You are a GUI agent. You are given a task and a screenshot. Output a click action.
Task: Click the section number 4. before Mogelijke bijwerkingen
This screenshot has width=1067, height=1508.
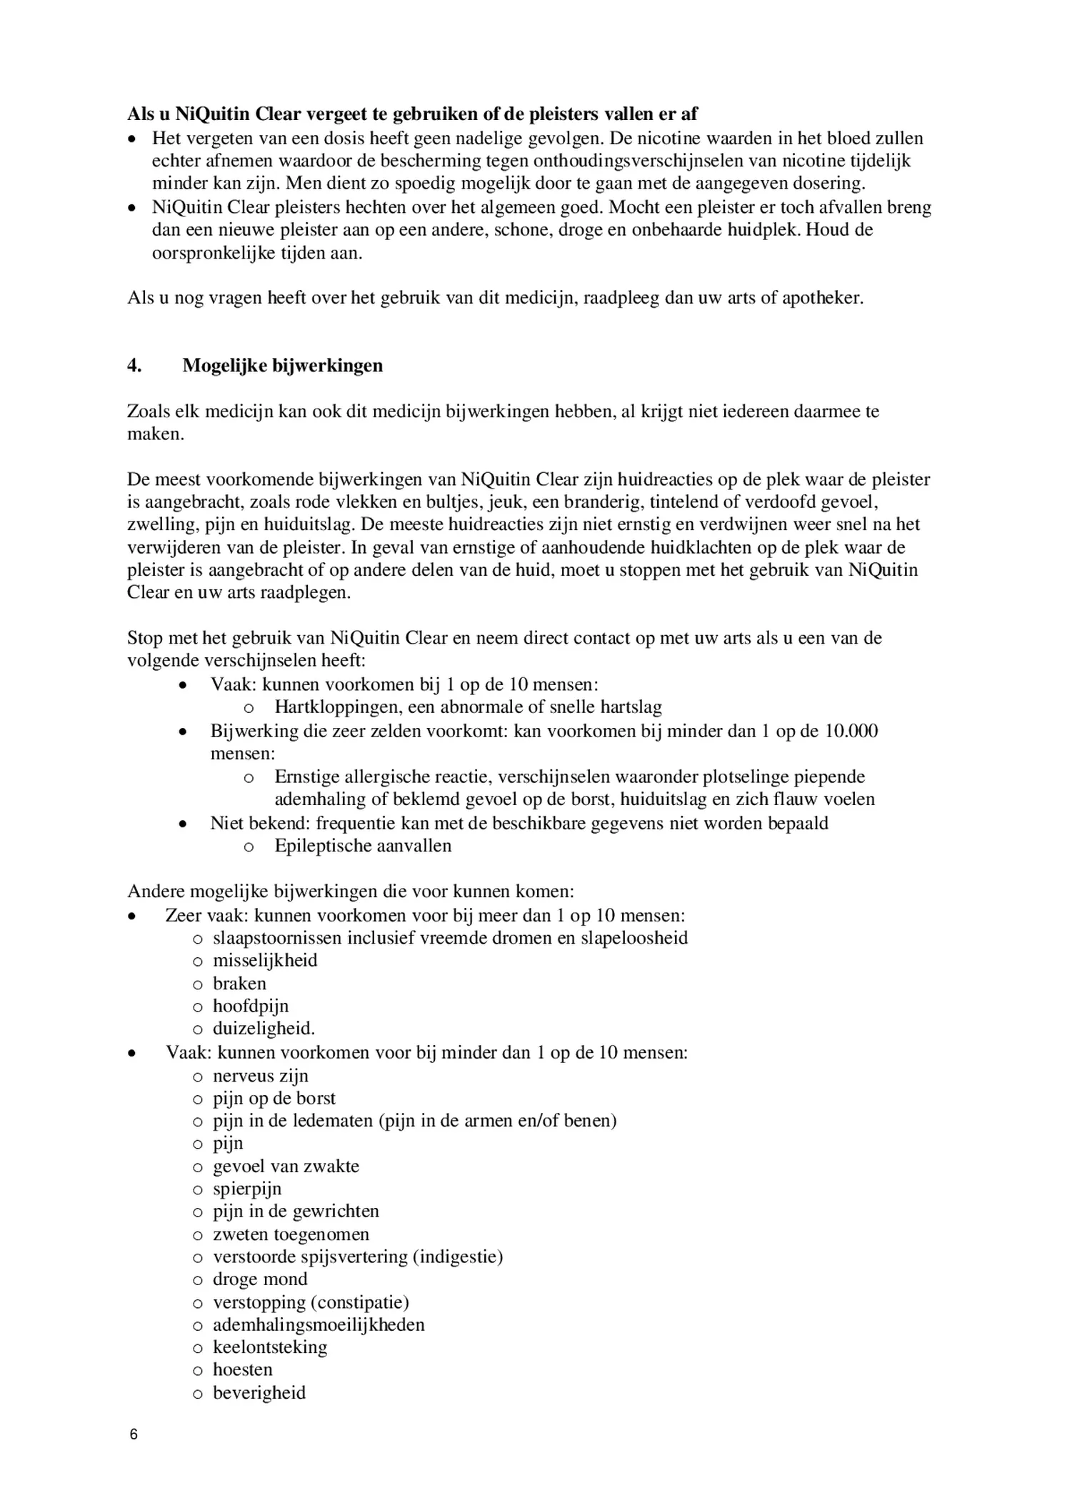pyautogui.click(x=134, y=366)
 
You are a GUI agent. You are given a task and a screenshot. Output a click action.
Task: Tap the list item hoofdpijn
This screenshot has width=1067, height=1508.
pyautogui.click(x=251, y=1006)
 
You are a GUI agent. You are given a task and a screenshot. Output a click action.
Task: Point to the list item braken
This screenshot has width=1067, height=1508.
pyautogui.click(x=239, y=983)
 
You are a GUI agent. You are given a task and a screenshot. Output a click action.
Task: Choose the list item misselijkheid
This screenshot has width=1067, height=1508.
pyautogui.click(x=265, y=960)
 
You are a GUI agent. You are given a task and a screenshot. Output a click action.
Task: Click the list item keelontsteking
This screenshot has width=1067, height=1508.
pyautogui.click(x=270, y=1347)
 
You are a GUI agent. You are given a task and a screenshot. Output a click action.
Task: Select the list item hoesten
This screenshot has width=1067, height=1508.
pyautogui.click(x=243, y=1369)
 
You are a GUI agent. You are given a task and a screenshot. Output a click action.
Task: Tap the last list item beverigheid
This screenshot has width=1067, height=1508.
pyautogui.click(x=259, y=1392)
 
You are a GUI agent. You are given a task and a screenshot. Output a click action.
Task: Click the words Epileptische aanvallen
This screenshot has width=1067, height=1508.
pyautogui.click(x=363, y=846)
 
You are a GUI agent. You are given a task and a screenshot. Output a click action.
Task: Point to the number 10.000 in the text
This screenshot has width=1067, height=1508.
pyautogui.click(x=851, y=731)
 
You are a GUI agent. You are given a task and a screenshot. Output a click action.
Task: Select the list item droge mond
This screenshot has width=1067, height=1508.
pyautogui.click(x=260, y=1279)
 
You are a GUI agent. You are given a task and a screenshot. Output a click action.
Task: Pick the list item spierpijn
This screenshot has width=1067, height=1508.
pyautogui.click(x=247, y=1189)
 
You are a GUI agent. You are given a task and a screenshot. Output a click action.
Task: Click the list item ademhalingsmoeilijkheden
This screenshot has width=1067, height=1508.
pyautogui.click(x=319, y=1324)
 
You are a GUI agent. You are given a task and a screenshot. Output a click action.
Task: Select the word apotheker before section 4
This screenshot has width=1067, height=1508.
pyautogui.click(x=821, y=298)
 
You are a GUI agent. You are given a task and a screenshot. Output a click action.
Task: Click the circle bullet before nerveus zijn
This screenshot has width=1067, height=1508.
pyautogui.click(x=198, y=1077)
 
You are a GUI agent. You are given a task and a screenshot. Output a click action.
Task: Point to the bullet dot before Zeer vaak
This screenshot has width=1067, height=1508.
pyautogui.click(x=131, y=916)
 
